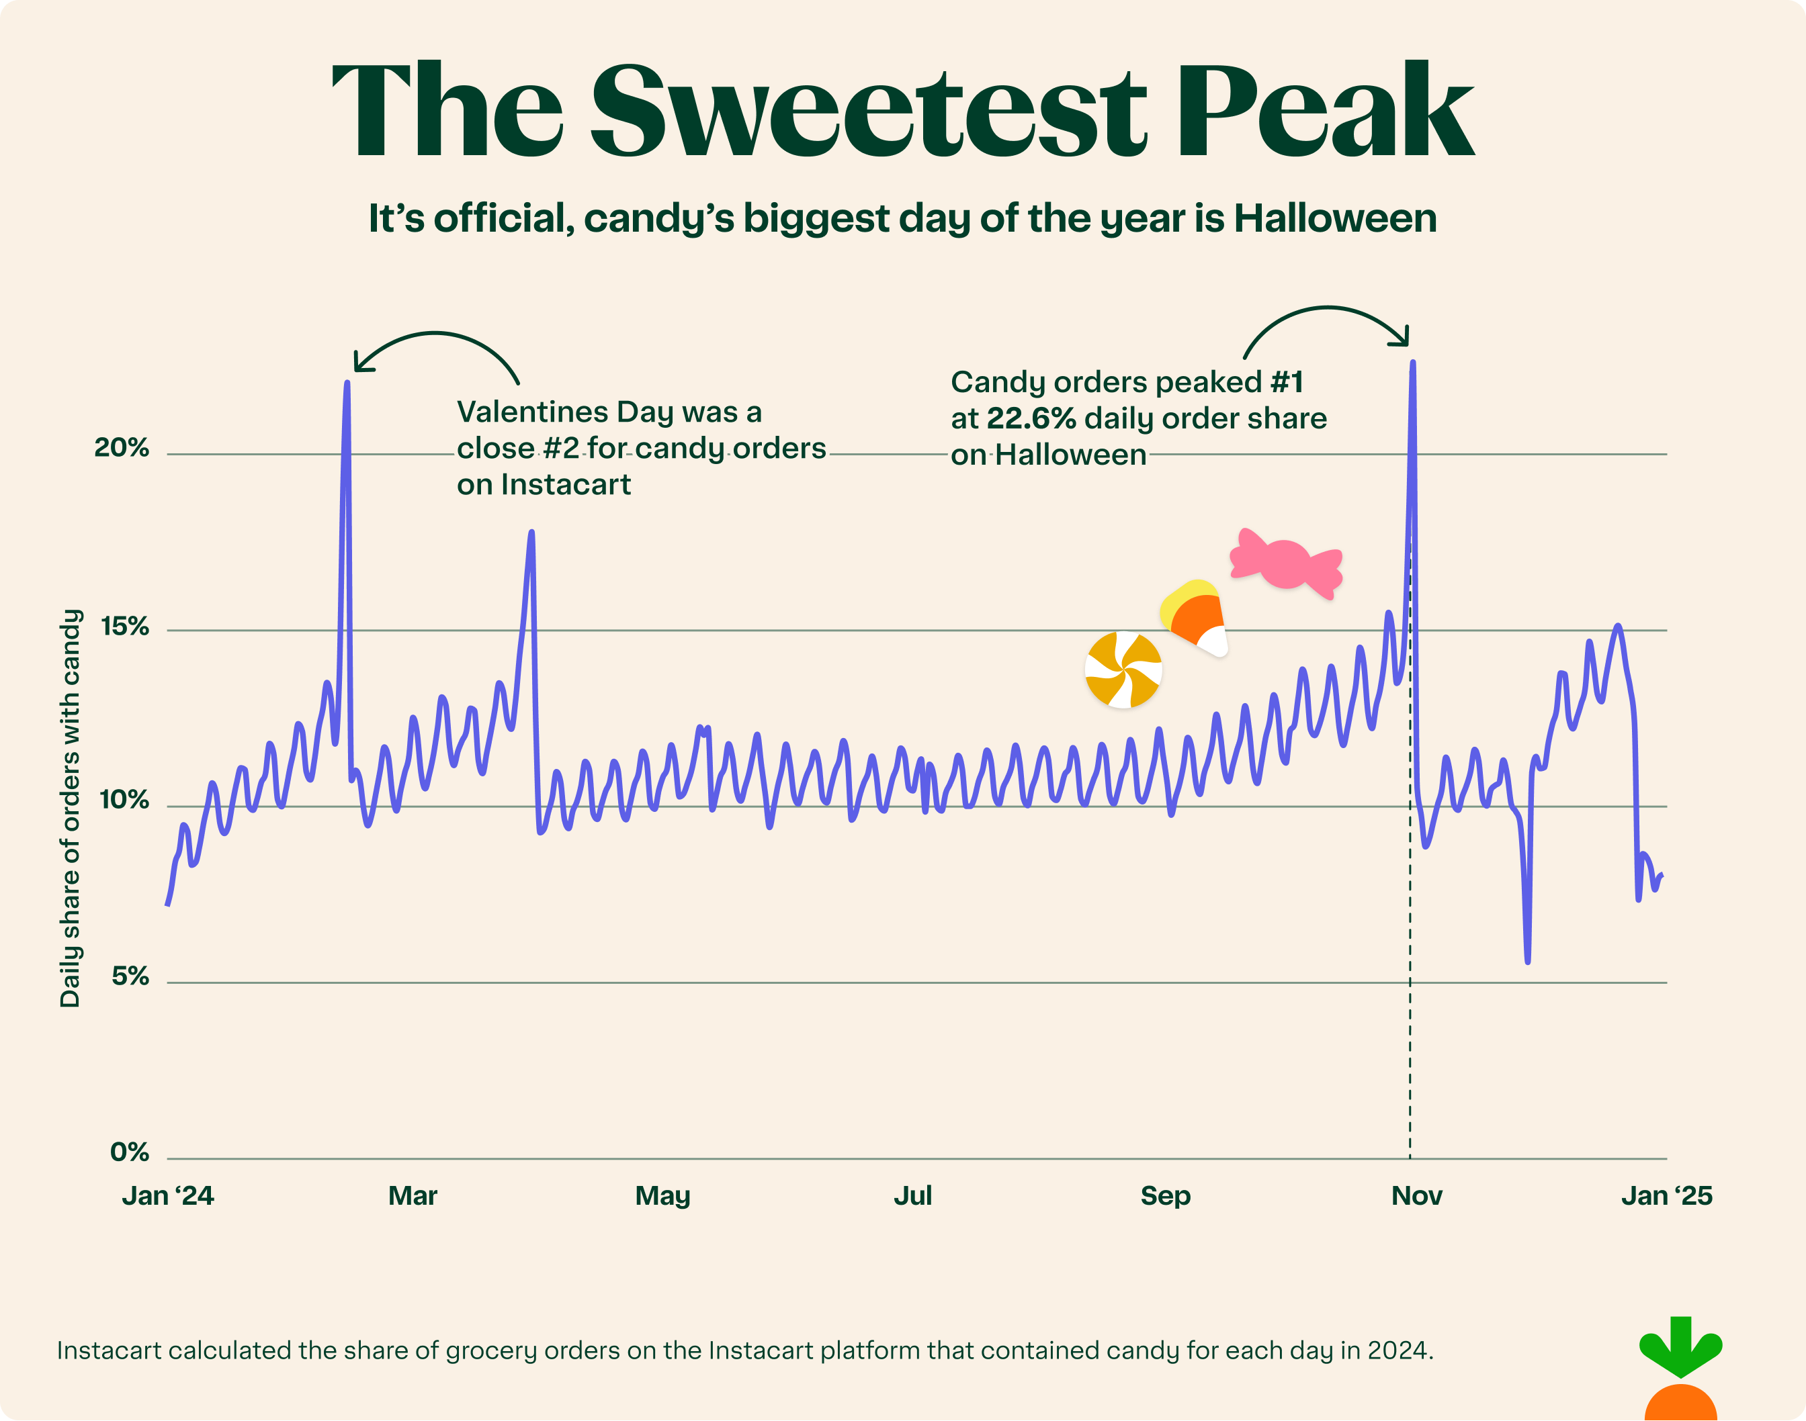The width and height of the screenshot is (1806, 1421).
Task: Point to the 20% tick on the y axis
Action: pos(122,448)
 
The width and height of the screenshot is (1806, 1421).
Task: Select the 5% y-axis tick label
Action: pos(130,976)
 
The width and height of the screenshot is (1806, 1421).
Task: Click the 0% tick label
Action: pos(130,1152)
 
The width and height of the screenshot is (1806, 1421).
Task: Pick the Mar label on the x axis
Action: pos(413,1195)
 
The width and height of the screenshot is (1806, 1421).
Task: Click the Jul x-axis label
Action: pos(912,1195)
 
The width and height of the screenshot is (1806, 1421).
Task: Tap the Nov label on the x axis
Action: pos(1416,1195)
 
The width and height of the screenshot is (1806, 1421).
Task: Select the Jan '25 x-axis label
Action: pos(1666,1195)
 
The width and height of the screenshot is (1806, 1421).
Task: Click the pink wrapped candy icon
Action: pos(1287,564)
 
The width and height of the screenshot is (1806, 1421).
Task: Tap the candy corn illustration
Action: pos(1195,617)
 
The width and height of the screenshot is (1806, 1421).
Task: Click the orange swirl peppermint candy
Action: pos(1123,670)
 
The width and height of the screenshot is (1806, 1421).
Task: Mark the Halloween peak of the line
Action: pos(1412,363)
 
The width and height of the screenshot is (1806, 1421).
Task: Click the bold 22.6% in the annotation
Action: pos(1031,418)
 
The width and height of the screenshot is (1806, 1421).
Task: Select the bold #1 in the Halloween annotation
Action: pos(1287,382)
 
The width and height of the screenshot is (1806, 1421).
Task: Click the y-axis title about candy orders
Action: pos(71,807)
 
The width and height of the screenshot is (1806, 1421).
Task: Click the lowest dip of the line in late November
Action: pos(1528,962)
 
